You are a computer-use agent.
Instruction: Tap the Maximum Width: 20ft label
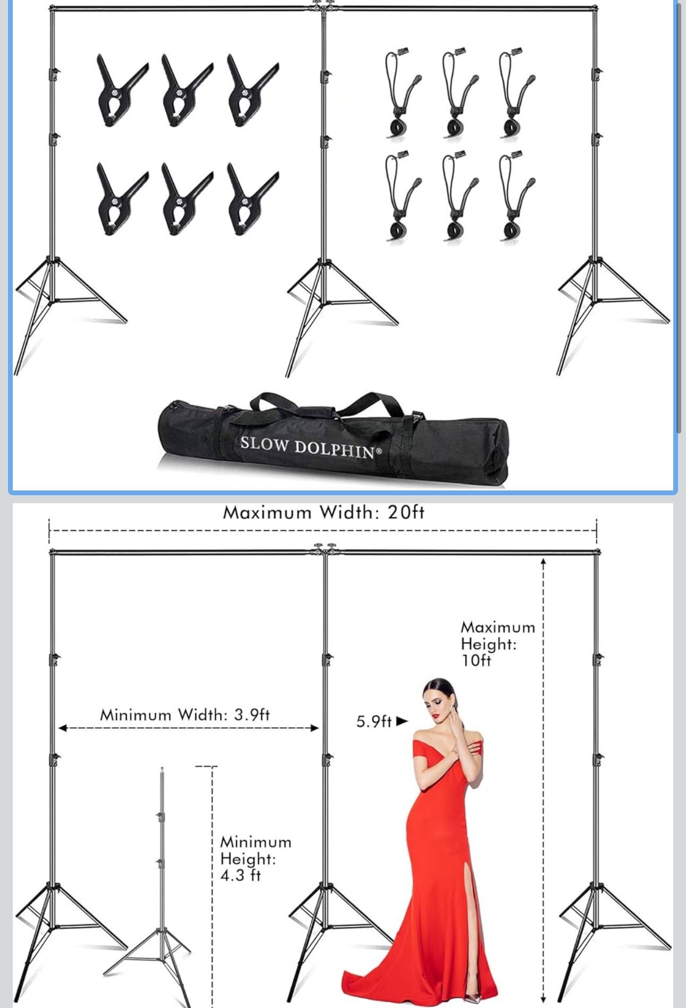pos(323,512)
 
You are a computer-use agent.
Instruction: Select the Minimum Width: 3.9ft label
pos(185,714)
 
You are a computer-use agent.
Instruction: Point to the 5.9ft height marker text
pos(374,722)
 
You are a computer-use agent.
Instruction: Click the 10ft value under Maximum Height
pos(476,661)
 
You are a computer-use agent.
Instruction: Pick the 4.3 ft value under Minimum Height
pos(240,876)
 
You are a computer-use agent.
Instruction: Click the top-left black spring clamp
pos(118,90)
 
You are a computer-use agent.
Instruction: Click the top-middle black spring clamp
pos(183,90)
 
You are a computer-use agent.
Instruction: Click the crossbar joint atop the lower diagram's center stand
pos(324,549)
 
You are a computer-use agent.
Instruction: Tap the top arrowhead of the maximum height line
pos(543,561)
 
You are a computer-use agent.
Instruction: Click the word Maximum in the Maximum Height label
pos(498,628)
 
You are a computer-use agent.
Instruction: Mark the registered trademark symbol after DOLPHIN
pos(379,451)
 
